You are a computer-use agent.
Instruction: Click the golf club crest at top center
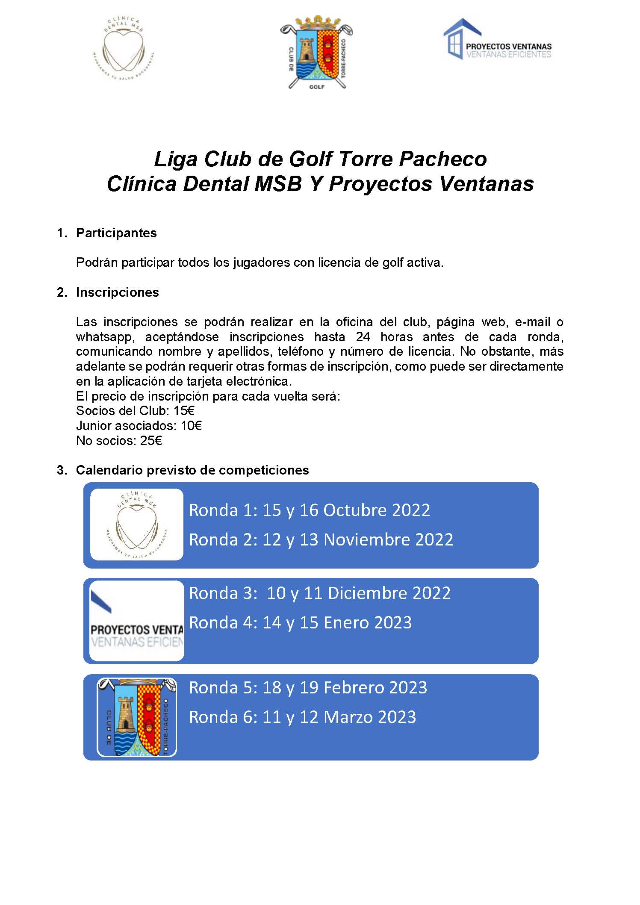click(x=317, y=53)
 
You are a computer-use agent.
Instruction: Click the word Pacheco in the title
click(x=442, y=159)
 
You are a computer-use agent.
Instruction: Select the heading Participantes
click(x=116, y=233)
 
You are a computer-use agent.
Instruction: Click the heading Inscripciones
click(x=117, y=292)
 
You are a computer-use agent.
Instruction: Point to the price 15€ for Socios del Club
click(x=184, y=411)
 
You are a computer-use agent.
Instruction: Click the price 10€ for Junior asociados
click(x=191, y=426)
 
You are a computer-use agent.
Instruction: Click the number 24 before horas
click(x=363, y=337)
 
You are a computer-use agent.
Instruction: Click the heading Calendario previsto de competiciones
click(x=192, y=470)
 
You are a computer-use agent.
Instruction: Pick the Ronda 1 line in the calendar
click(x=309, y=510)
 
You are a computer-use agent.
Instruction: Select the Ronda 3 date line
click(x=319, y=593)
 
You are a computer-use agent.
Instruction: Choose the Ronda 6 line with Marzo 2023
click(x=302, y=717)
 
